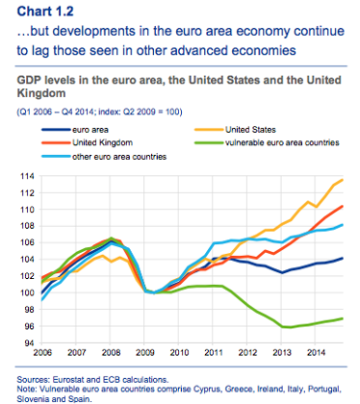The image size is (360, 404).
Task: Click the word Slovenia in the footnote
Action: pyautogui.click(x=30, y=395)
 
